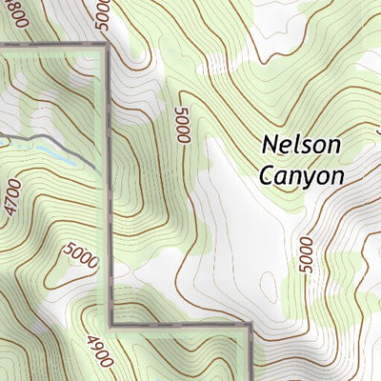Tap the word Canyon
click(301, 175)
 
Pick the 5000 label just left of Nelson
click(183, 125)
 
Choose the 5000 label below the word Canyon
click(305, 254)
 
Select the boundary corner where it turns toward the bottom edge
click(250, 327)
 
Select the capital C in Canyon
click(266, 175)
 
